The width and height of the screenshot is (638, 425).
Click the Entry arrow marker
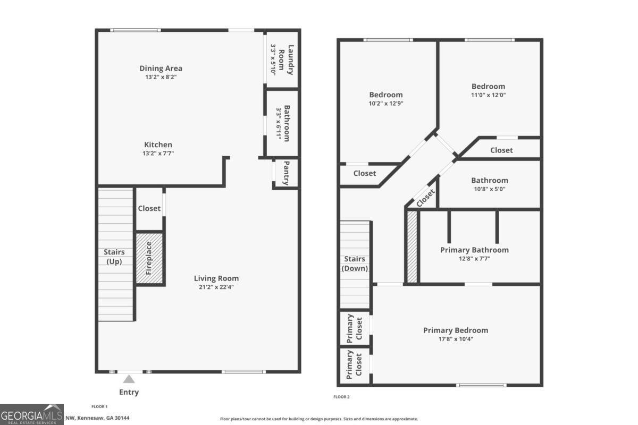[129, 379]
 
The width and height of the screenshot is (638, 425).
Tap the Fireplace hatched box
[149, 259]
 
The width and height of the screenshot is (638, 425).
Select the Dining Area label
[161, 68]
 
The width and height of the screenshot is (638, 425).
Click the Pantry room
[286, 173]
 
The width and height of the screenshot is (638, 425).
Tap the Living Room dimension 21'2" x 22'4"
[216, 287]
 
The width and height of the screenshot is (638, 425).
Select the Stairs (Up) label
[114, 257]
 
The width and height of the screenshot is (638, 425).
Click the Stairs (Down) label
[355, 263]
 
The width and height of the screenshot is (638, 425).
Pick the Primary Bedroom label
[455, 330]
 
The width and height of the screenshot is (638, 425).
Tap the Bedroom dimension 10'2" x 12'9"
[386, 104]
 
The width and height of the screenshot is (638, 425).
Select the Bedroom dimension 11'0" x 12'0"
[488, 95]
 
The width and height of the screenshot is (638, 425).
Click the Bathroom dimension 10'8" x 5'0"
[489, 189]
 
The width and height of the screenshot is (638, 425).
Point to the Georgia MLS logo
[32, 414]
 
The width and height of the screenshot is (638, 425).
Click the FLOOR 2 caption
[341, 397]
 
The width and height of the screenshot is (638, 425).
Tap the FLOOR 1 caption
[99, 406]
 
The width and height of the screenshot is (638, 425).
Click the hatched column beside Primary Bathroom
[412, 247]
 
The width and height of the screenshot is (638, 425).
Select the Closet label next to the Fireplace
[149, 208]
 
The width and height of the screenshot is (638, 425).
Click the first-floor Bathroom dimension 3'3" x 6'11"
[278, 122]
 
